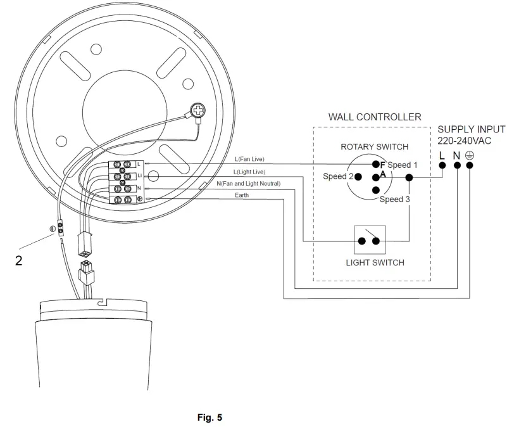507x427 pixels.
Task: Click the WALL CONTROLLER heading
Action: [374, 117]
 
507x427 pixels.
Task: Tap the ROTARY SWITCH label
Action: [375, 147]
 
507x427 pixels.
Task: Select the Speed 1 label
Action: [403, 165]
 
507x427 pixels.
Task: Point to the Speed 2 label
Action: [338, 177]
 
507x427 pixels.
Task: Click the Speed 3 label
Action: [396, 200]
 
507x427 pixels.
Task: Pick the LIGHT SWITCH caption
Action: [375, 262]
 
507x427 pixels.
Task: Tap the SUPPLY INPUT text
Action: [472, 129]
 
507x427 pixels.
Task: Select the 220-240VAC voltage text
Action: [465, 140]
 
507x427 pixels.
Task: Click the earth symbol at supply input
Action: [470, 155]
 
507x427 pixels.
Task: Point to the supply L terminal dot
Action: [442, 166]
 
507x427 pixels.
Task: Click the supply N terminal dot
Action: [456, 166]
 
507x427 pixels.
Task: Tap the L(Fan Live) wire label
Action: [250, 160]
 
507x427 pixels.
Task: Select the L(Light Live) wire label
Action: [249, 172]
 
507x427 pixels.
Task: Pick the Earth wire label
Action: [242, 195]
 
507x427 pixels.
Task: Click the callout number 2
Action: [19, 260]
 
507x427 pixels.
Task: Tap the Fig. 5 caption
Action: [210, 417]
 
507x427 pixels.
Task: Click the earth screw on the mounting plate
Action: [198, 112]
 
